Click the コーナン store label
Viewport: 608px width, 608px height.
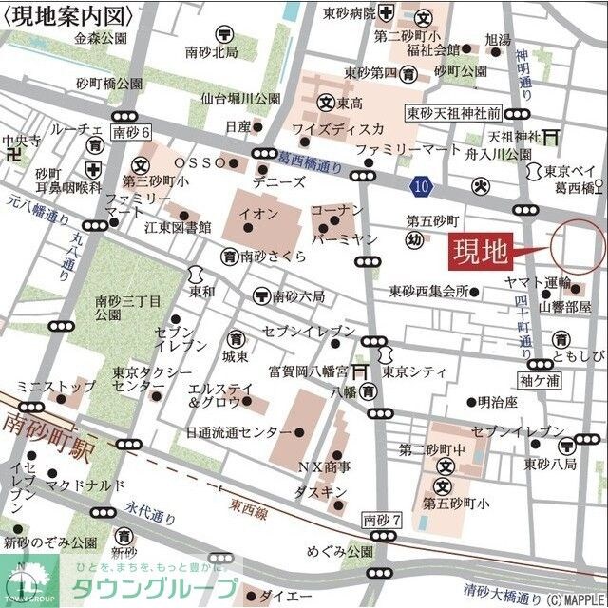337,209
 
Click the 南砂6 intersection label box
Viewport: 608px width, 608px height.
131,132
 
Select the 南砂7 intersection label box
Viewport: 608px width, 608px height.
383,521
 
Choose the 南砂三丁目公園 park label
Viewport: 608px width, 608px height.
123,307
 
